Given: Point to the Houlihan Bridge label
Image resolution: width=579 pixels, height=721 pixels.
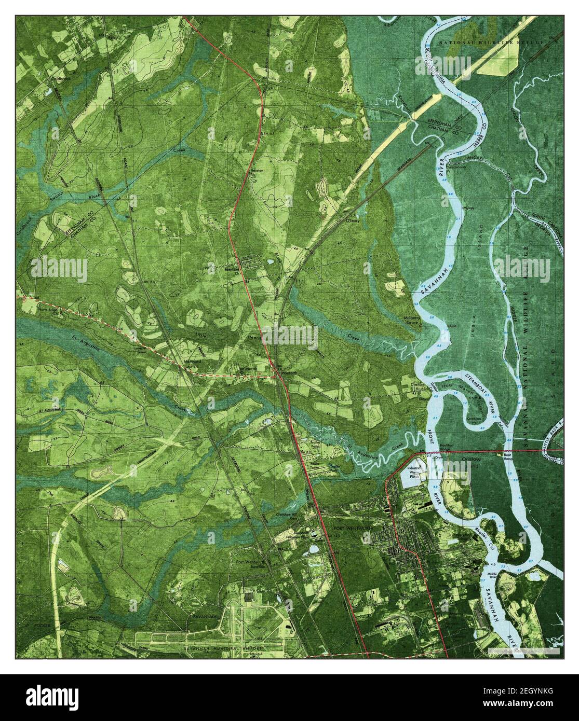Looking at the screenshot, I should (x=439, y=447).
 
